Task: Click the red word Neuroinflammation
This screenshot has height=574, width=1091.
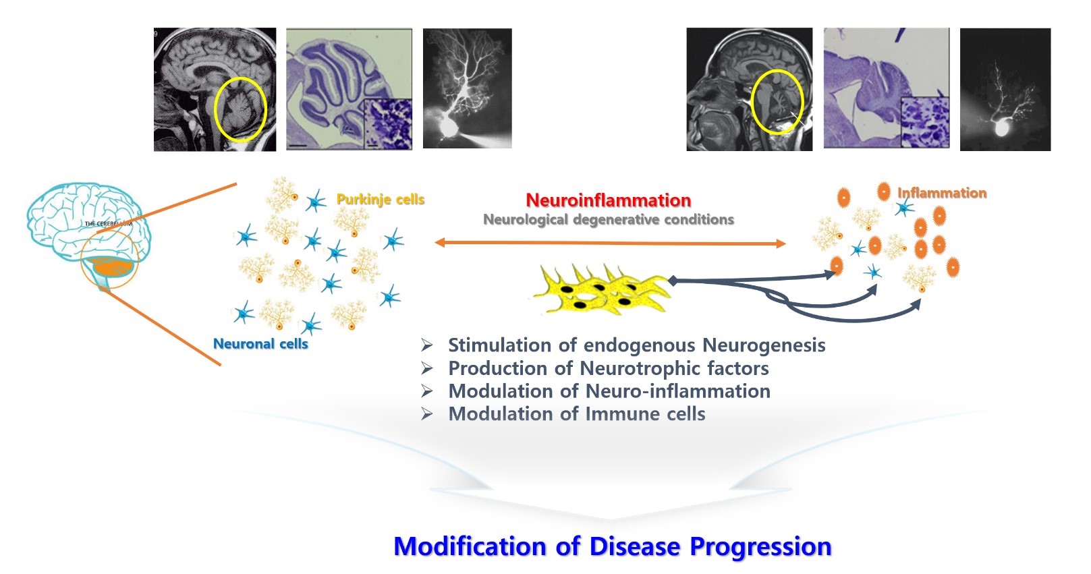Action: click(608, 200)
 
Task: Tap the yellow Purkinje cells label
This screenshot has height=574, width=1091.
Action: click(381, 200)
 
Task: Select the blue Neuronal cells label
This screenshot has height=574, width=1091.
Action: click(260, 344)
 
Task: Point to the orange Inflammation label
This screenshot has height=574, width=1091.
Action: click(941, 193)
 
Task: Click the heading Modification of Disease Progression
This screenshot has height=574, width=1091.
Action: click(612, 546)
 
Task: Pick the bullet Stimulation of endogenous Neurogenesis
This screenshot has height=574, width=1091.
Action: click(636, 345)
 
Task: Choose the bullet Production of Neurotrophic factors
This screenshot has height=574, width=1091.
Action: click(608, 368)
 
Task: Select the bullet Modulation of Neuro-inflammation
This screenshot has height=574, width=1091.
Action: click(609, 391)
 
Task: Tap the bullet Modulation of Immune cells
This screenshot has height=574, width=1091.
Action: click(576, 414)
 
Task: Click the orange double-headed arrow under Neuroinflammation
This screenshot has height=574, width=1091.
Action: click(611, 243)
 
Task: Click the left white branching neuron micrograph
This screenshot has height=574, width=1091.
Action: click(467, 88)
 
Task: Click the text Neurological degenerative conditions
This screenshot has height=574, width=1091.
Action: click(608, 220)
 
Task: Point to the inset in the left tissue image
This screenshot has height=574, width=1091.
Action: click(387, 123)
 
